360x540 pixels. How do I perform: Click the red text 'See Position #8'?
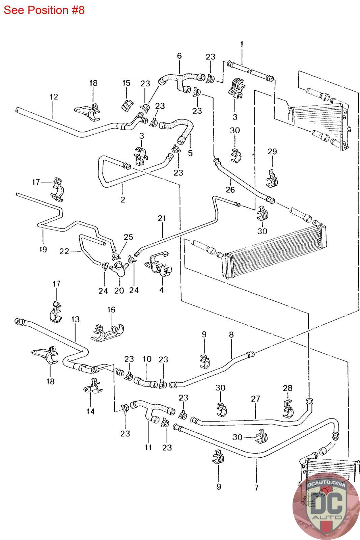click(x=44, y=10)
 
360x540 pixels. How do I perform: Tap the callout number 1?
click(x=242, y=44)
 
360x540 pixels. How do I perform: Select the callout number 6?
click(x=179, y=56)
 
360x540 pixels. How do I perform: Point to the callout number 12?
click(x=54, y=97)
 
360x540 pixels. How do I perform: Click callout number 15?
click(x=126, y=83)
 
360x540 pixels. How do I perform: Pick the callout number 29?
click(x=272, y=152)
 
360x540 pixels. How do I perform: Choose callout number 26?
click(x=230, y=189)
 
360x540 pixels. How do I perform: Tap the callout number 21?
click(x=162, y=218)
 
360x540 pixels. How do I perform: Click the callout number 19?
click(x=43, y=249)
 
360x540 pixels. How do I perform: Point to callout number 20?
click(x=119, y=291)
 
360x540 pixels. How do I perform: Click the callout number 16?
click(x=111, y=309)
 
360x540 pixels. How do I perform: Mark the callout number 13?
click(x=76, y=319)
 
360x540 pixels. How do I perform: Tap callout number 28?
click(x=288, y=388)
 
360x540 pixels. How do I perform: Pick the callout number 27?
click(x=255, y=399)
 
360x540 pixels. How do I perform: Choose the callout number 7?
click(x=256, y=487)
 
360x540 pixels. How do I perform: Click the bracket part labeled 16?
click(x=108, y=333)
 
